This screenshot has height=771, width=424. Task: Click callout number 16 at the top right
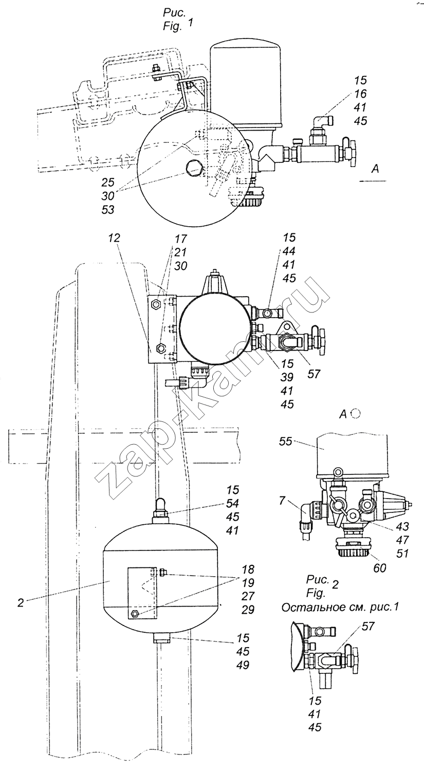click(x=360, y=94)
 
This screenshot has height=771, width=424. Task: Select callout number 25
click(x=107, y=182)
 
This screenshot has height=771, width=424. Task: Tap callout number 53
click(x=107, y=209)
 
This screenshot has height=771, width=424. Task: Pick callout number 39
click(x=287, y=377)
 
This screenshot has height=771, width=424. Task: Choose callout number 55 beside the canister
click(x=286, y=441)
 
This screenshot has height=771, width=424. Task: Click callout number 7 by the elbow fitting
click(x=282, y=501)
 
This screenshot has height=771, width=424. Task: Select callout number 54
click(x=232, y=504)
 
